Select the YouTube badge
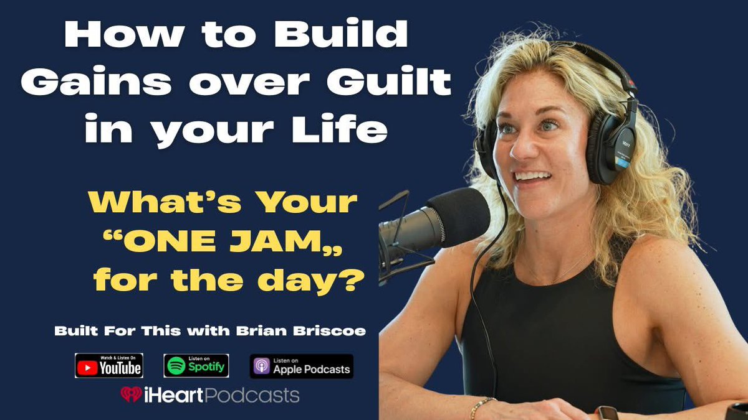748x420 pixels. click(x=109, y=365)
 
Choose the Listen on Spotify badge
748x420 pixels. click(x=196, y=365)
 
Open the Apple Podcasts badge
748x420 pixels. click(x=302, y=366)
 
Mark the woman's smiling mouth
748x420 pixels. click(x=534, y=177)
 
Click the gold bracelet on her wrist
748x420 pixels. click(x=481, y=407)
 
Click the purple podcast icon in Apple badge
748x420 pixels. click(x=261, y=366)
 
